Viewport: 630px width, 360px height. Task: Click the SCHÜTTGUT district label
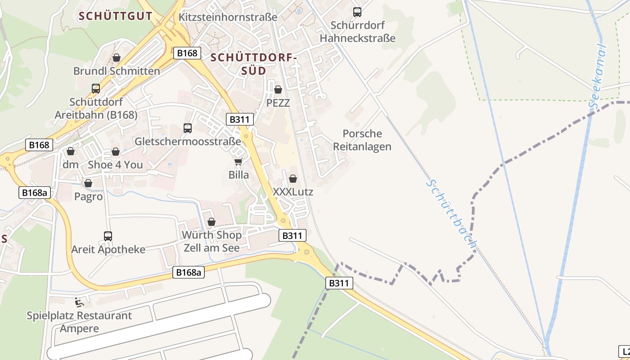click(x=116, y=16)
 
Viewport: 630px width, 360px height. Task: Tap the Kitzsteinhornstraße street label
click(x=228, y=17)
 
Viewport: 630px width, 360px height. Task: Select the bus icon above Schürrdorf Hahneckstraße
click(x=357, y=12)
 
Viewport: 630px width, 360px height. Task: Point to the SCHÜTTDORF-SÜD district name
click(x=254, y=64)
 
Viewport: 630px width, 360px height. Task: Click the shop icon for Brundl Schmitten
click(x=117, y=58)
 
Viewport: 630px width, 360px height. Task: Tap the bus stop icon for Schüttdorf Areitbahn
click(x=96, y=89)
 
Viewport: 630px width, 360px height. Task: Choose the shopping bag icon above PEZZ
click(x=278, y=90)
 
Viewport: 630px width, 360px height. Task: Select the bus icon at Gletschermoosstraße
click(x=188, y=128)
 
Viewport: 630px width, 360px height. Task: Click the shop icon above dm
click(x=70, y=151)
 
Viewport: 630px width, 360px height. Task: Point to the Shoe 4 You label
click(x=115, y=165)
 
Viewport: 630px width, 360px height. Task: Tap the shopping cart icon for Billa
click(x=238, y=162)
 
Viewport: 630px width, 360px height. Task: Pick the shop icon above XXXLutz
click(x=293, y=179)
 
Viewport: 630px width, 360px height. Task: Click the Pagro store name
click(x=88, y=197)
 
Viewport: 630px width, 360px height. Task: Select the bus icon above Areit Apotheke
click(x=108, y=236)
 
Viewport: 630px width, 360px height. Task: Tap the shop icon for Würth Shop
click(x=211, y=222)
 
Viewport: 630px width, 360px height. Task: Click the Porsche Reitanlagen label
click(x=362, y=140)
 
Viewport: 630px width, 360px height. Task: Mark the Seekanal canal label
click(x=598, y=76)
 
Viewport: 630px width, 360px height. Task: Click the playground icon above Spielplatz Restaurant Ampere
click(x=79, y=302)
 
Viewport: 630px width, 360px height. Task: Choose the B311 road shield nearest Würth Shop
click(x=292, y=235)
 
